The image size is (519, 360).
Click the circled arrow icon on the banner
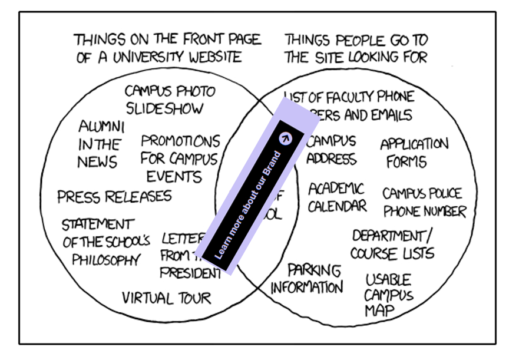[x=285, y=138]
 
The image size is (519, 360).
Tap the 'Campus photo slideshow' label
[x=170, y=100]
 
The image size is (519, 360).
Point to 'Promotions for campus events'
[x=179, y=158]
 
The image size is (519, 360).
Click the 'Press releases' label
[x=114, y=196]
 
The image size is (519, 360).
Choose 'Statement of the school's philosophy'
[x=105, y=242]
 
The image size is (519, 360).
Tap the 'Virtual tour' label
[x=166, y=298]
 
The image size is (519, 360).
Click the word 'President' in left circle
[x=188, y=273]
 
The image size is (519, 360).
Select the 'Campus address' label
[x=330, y=150]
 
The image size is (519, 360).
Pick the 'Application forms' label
[x=414, y=153]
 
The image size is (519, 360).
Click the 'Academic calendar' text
[x=336, y=197]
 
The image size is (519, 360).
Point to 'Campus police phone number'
[x=424, y=202]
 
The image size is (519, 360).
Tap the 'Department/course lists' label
[x=392, y=245]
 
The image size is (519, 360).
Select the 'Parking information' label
[x=307, y=279]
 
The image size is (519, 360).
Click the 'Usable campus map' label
[x=389, y=295]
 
